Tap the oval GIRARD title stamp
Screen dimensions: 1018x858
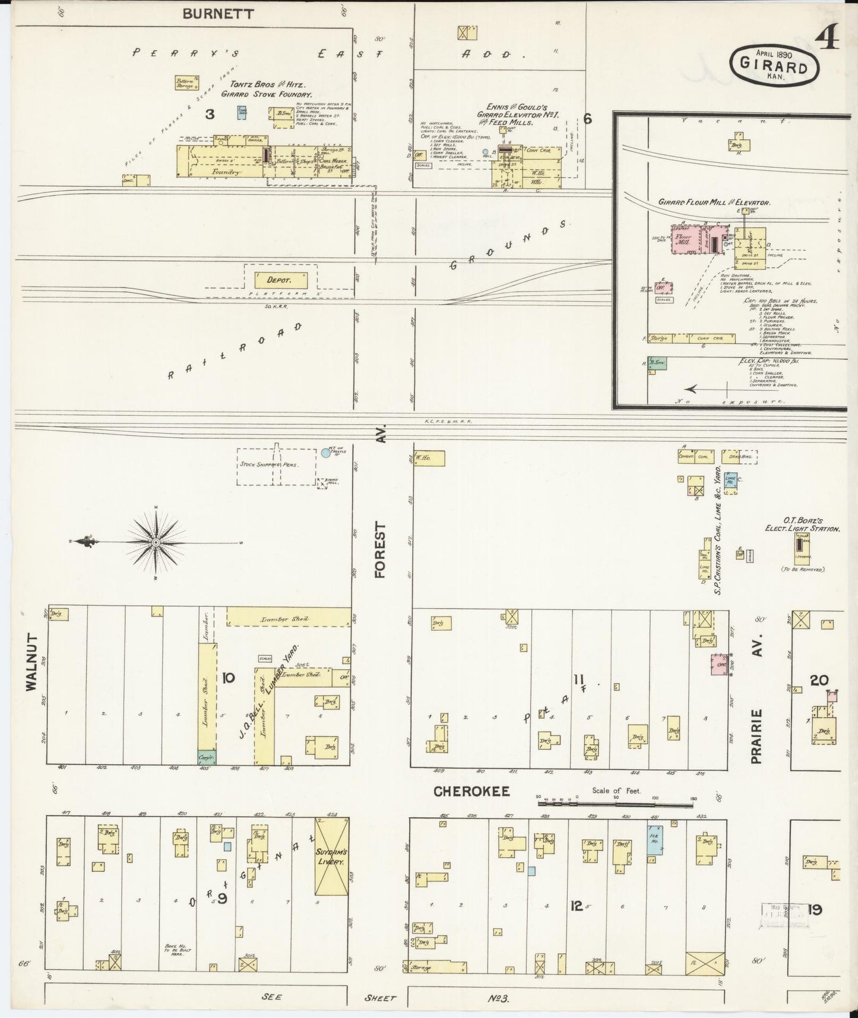pyautogui.click(x=776, y=66)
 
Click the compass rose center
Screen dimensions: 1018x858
pyautogui.click(x=156, y=542)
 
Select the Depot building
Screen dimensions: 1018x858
pyautogui.click(x=281, y=280)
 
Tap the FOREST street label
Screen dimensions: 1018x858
pyautogui.click(x=380, y=550)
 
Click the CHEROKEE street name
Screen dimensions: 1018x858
pyautogui.click(x=472, y=791)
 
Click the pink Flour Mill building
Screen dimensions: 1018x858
pyautogui.click(x=692, y=240)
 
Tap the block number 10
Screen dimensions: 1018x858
pyautogui.click(x=229, y=678)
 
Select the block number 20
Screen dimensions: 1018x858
pyautogui.click(x=819, y=680)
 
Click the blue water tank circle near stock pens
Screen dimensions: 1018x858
pyautogui.click(x=325, y=453)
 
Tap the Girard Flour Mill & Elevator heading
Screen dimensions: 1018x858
pyautogui.click(x=714, y=203)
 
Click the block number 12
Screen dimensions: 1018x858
pyautogui.click(x=576, y=906)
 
